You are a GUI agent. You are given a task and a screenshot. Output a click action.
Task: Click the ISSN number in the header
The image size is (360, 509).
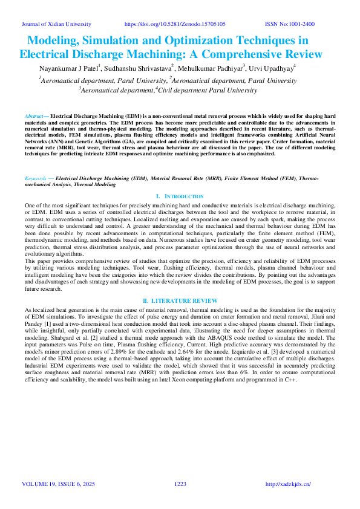pyautogui.click(x=290, y=24)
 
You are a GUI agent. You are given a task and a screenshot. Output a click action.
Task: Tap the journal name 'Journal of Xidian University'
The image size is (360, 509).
pyautogui.click(x=56, y=24)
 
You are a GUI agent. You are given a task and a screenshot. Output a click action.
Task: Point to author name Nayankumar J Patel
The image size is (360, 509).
pyautogui.click(x=69, y=68)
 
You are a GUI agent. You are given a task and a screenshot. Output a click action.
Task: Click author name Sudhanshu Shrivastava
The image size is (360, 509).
pyautogui.click(x=141, y=68)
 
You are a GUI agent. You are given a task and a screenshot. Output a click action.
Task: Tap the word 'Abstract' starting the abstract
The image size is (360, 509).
pyautogui.click(x=36, y=115)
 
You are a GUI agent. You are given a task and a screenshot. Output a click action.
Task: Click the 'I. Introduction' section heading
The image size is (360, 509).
pyautogui.click(x=180, y=196)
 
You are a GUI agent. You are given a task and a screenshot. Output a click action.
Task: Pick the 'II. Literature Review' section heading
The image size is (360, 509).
pyautogui.click(x=180, y=300)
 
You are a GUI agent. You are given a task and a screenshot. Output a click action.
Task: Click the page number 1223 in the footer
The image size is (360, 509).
pyautogui.click(x=180, y=484)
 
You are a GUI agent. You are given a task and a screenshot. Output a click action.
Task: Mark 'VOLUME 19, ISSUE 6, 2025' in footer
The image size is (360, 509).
pyautogui.click(x=59, y=484)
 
